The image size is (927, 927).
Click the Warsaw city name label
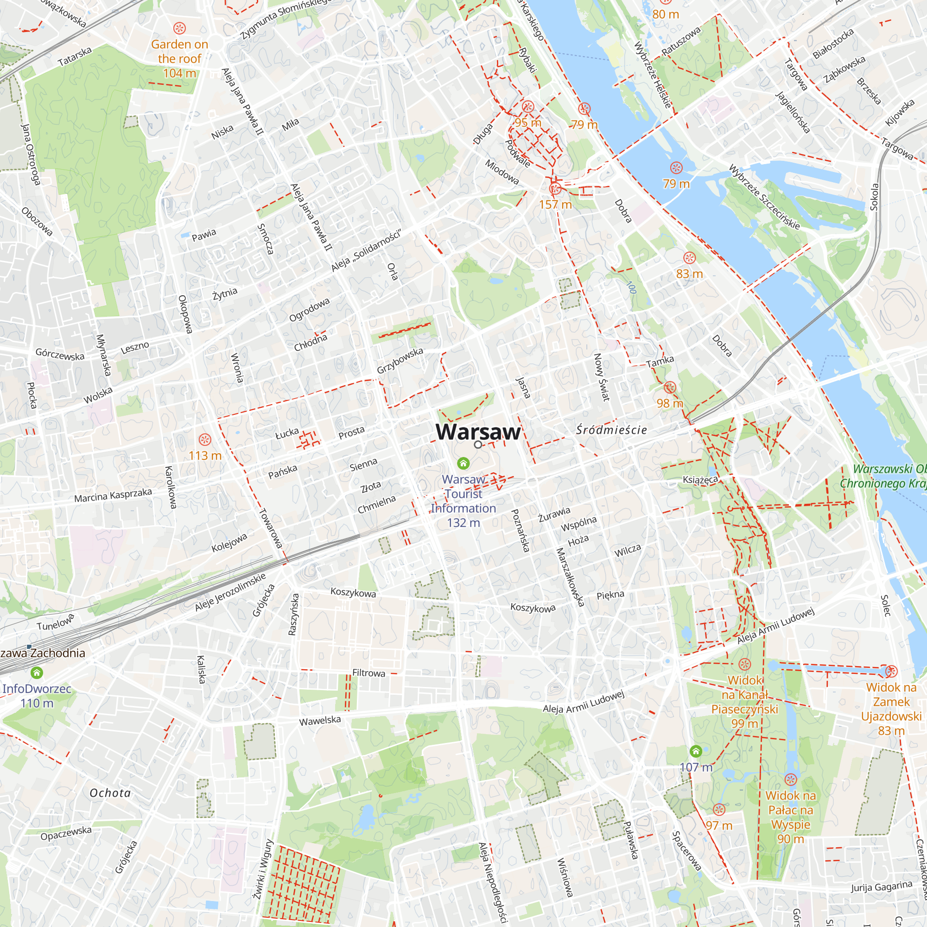(478, 432)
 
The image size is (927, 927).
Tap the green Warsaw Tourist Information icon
(463, 463)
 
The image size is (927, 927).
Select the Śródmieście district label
(611, 430)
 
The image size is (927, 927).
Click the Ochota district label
(110, 793)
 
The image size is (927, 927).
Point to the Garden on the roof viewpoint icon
(179, 28)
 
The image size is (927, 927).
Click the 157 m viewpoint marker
(555, 189)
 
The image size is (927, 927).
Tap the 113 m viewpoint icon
(205, 439)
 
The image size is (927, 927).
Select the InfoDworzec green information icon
(37, 673)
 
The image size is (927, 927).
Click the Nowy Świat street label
(602, 377)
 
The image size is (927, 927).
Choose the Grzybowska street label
(400, 360)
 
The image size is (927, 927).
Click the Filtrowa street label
(368, 673)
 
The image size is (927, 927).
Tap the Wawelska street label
(319, 721)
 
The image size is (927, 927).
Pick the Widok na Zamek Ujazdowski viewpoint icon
(891, 671)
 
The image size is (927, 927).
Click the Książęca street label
(700, 479)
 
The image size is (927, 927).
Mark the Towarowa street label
(271, 528)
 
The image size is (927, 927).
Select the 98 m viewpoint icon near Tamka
(670, 387)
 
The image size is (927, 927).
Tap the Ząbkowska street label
(844, 69)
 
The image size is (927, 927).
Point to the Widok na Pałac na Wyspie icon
(791, 779)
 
